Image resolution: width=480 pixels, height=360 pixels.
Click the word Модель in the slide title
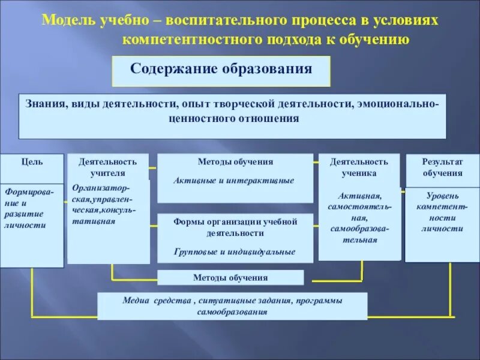pyautogui.click(x=64, y=20)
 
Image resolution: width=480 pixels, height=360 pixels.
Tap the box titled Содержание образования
pyautogui.click(x=221, y=68)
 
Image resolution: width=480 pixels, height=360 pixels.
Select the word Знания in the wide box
pyautogui.click(x=45, y=104)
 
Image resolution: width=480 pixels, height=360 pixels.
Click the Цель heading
pyautogui.click(x=32, y=161)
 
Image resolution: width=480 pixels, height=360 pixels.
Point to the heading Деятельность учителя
pyautogui.click(x=108, y=167)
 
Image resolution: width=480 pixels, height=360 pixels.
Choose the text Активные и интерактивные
pyautogui.click(x=234, y=180)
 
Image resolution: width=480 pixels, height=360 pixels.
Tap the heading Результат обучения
pyautogui.click(x=442, y=167)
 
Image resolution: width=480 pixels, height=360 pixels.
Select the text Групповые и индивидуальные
pyautogui.click(x=235, y=252)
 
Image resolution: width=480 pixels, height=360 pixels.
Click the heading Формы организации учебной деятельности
pyautogui.click(x=235, y=227)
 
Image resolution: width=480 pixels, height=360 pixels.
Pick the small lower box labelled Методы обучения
pyautogui.click(x=230, y=278)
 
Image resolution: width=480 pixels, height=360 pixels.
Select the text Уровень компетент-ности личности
pyautogui.click(x=442, y=212)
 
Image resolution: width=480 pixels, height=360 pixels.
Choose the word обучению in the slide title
pyautogui.click(x=376, y=40)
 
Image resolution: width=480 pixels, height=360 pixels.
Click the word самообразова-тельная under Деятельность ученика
pyautogui.click(x=358, y=235)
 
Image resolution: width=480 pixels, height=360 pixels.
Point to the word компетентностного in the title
pyautogui.click(x=189, y=40)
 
